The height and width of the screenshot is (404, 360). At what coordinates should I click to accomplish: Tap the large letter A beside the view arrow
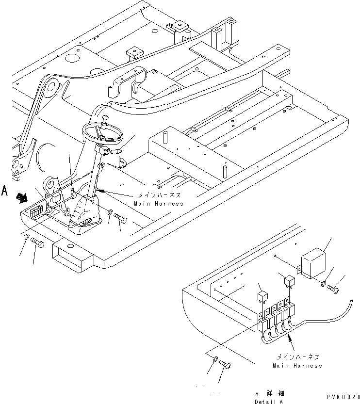[5, 190]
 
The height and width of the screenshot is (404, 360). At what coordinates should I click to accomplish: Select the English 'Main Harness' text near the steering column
[159, 204]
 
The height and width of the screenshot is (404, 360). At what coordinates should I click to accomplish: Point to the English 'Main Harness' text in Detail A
[297, 365]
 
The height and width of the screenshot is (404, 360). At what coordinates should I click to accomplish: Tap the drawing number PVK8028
[343, 397]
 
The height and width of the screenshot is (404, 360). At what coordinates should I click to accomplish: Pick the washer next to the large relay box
[323, 283]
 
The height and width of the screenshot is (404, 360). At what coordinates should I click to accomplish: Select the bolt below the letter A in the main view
[37, 244]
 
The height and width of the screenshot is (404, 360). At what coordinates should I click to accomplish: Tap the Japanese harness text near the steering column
[158, 195]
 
